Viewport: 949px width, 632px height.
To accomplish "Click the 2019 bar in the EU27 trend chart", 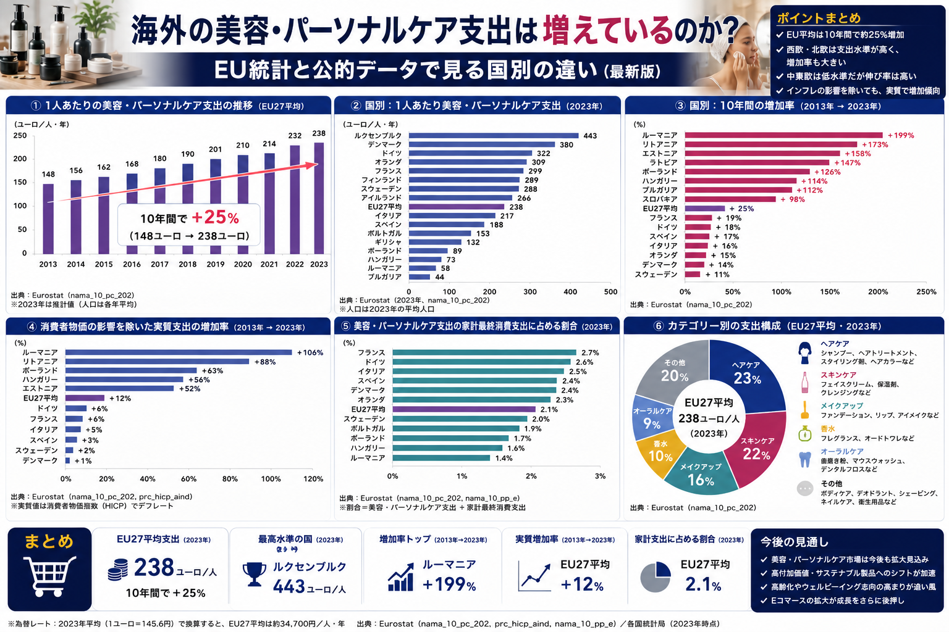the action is (215, 207).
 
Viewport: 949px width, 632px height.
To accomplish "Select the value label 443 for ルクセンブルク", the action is (590, 136).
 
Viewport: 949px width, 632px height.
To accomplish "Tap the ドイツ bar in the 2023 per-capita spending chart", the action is (470, 153).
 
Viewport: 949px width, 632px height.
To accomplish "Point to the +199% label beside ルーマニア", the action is (901, 135).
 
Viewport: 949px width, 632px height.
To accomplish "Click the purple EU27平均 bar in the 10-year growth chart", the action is (705, 209).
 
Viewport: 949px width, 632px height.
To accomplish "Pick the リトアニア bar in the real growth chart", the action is (157, 362).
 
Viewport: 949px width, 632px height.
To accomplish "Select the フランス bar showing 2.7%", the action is (484, 352).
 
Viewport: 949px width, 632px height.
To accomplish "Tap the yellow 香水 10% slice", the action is (659, 453).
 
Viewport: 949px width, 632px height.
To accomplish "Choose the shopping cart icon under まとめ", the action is (49, 576).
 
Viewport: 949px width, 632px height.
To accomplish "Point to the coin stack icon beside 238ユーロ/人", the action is (118, 569).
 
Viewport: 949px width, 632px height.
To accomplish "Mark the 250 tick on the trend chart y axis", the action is (20, 136).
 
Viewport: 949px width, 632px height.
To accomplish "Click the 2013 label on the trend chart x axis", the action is (48, 264).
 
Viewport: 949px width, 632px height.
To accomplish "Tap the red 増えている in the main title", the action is (608, 30).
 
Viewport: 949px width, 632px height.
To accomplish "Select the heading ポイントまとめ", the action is (819, 18).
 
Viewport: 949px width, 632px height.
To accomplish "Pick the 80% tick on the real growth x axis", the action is (230, 479).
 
